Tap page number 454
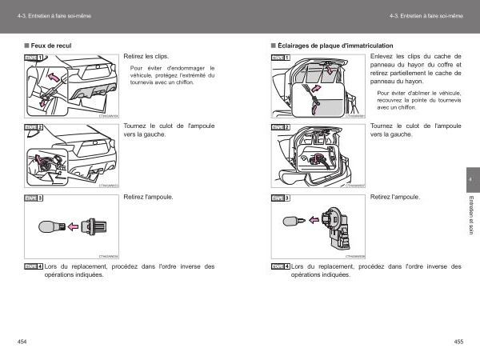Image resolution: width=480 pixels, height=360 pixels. click(22, 342)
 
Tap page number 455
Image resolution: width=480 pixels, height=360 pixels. click(458, 342)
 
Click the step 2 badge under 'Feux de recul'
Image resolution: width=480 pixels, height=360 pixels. click(34, 127)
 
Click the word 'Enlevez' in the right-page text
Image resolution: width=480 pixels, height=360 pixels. click(382, 57)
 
